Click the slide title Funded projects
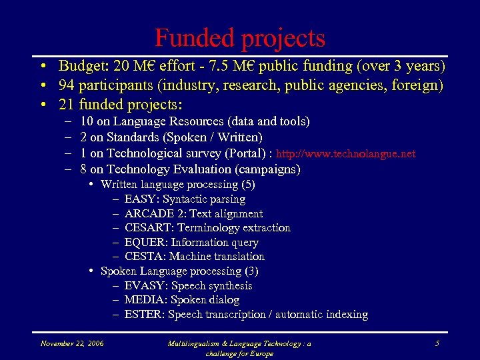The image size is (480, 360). [x=240, y=37]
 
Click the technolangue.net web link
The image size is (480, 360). [x=345, y=154]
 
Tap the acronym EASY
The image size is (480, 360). [x=140, y=199]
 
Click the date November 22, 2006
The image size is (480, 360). [x=71, y=343]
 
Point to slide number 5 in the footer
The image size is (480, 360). [x=437, y=343]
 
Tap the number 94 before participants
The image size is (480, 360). [x=66, y=85]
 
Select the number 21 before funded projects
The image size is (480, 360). [x=66, y=105]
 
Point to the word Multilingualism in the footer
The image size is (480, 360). [x=198, y=343]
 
